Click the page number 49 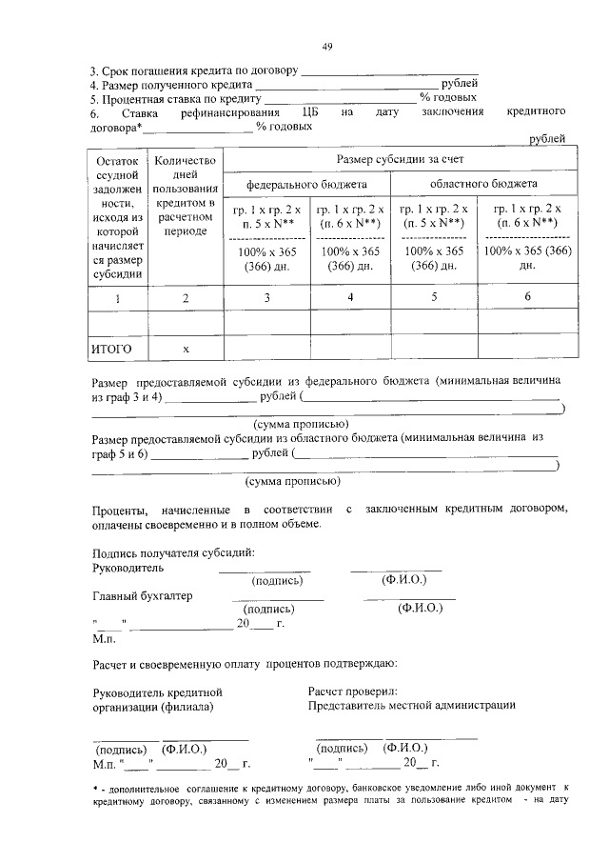pos(326,46)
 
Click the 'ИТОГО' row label pos(111,349)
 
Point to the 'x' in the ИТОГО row pos(186,349)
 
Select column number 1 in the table pos(118,298)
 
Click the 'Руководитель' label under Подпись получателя pos(128,568)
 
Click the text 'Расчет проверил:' pos(353,691)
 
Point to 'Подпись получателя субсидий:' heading pos(173,552)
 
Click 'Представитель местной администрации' pos(412,706)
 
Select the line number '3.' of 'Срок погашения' pos(94,70)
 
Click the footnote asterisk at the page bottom pos(95,787)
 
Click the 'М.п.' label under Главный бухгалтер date pos(104,637)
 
